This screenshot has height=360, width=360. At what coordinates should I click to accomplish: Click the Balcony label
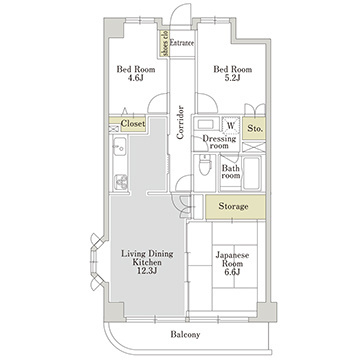pos(185,334)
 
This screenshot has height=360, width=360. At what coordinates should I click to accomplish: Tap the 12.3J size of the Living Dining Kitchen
pos(147,271)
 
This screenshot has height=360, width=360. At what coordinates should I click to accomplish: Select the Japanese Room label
pos(232,259)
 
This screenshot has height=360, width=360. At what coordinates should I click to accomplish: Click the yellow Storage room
pos(235,207)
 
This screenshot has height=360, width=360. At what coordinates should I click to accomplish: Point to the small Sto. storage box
pos(254,128)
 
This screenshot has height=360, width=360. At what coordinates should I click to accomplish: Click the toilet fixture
pos(205,165)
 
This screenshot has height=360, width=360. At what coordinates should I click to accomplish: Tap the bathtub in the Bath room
pos(252,173)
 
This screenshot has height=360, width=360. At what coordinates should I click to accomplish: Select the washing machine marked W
pos(231,125)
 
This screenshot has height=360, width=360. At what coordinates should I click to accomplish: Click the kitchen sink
pos(119,146)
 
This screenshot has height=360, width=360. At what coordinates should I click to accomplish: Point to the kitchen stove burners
pos(121,182)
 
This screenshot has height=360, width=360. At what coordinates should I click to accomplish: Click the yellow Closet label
pos(133,124)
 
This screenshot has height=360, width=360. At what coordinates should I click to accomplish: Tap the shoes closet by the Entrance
pos(164,43)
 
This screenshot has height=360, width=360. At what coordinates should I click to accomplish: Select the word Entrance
pos(182,43)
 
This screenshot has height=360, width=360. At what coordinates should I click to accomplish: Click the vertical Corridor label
pos(180,122)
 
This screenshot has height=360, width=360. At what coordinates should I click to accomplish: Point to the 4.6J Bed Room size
pos(135,78)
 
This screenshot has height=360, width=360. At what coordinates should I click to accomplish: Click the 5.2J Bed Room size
pos(232,78)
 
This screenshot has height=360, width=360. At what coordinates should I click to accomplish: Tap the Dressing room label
pos(219,142)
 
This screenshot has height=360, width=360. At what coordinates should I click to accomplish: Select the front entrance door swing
pos(181,14)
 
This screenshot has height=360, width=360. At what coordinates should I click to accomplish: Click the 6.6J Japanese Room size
pos(232,272)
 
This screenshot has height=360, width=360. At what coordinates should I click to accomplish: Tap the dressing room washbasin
pos(205,124)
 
